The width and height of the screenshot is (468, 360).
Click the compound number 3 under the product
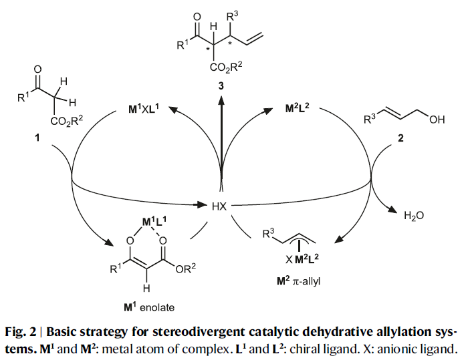click(x=221, y=85)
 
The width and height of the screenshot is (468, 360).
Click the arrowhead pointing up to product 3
click(x=221, y=98)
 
